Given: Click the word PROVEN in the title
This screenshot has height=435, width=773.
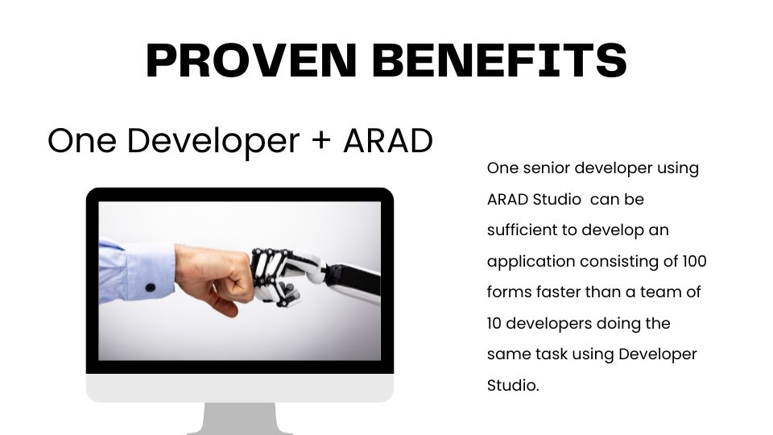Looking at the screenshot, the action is pyautogui.click(x=251, y=60).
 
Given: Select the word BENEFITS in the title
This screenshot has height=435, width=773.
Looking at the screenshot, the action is pyautogui.click(x=499, y=60).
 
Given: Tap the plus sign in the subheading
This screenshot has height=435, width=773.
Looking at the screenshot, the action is pyautogui.click(x=321, y=139).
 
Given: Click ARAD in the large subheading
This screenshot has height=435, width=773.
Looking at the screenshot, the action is pyautogui.click(x=388, y=140).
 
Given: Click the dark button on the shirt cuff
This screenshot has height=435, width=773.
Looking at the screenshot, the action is pyautogui.click(x=151, y=287).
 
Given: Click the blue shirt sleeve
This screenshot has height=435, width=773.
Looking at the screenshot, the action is pyautogui.click(x=137, y=271).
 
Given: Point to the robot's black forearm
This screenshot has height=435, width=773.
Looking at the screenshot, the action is pyautogui.click(x=354, y=281).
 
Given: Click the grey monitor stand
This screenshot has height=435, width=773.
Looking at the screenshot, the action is pyautogui.click(x=240, y=419).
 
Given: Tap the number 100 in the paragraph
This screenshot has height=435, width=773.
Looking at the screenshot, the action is pyautogui.click(x=694, y=261).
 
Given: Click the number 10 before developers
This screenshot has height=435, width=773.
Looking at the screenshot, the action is pyautogui.click(x=494, y=323).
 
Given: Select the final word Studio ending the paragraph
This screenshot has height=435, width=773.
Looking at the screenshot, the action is pyautogui.click(x=513, y=385).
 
